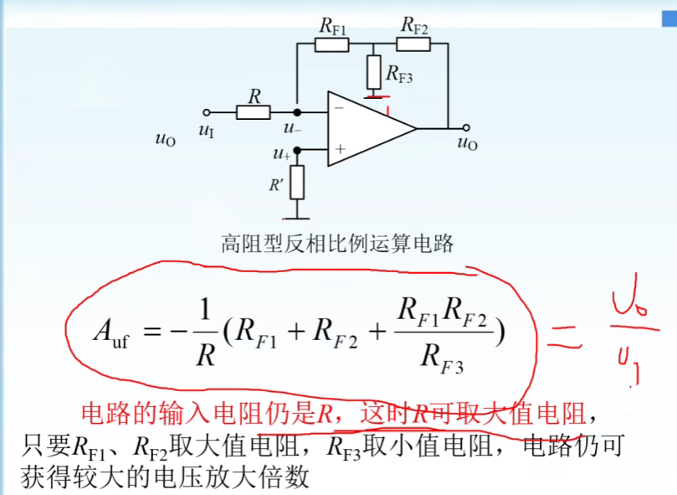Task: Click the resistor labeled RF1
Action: (331, 44)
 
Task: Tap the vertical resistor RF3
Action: (373, 74)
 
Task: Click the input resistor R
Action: (253, 111)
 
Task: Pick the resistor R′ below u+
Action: (297, 182)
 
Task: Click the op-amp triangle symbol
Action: (368, 129)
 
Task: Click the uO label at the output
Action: (467, 144)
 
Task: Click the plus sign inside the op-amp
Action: (340, 149)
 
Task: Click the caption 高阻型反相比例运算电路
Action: (337, 244)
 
